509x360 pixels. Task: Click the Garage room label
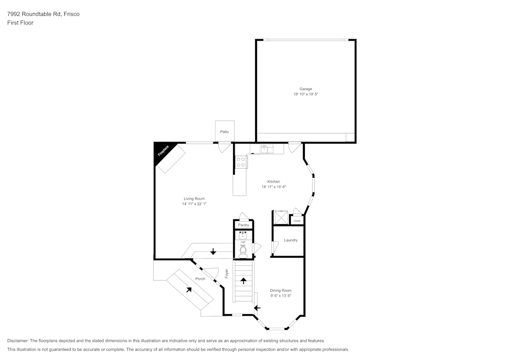[x=305, y=89]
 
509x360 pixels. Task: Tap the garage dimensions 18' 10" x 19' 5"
[x=305, y=94]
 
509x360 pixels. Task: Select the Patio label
[x=224, y=132]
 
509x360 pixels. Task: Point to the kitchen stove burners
[x=241, y=162]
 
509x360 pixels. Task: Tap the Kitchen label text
[x=274, y=181]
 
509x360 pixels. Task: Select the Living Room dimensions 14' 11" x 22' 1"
[x=194, y=204]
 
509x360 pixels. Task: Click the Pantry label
[x=243, y=225]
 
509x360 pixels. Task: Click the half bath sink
[x=243, y=235]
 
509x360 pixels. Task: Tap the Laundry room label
[x=291, y=240]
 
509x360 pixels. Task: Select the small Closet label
[x=297, y=220]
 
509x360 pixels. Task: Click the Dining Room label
[x=280, y=290]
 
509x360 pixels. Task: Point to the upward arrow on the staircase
[x=243, y=281]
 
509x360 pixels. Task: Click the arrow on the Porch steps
[x=189, y=289]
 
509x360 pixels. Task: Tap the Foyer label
[x=227, y=273]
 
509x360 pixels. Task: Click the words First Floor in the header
[x=20, y=23]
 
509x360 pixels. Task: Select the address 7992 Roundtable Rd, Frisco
[x=43, y=14]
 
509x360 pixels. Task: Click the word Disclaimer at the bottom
[x=17, y=340]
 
